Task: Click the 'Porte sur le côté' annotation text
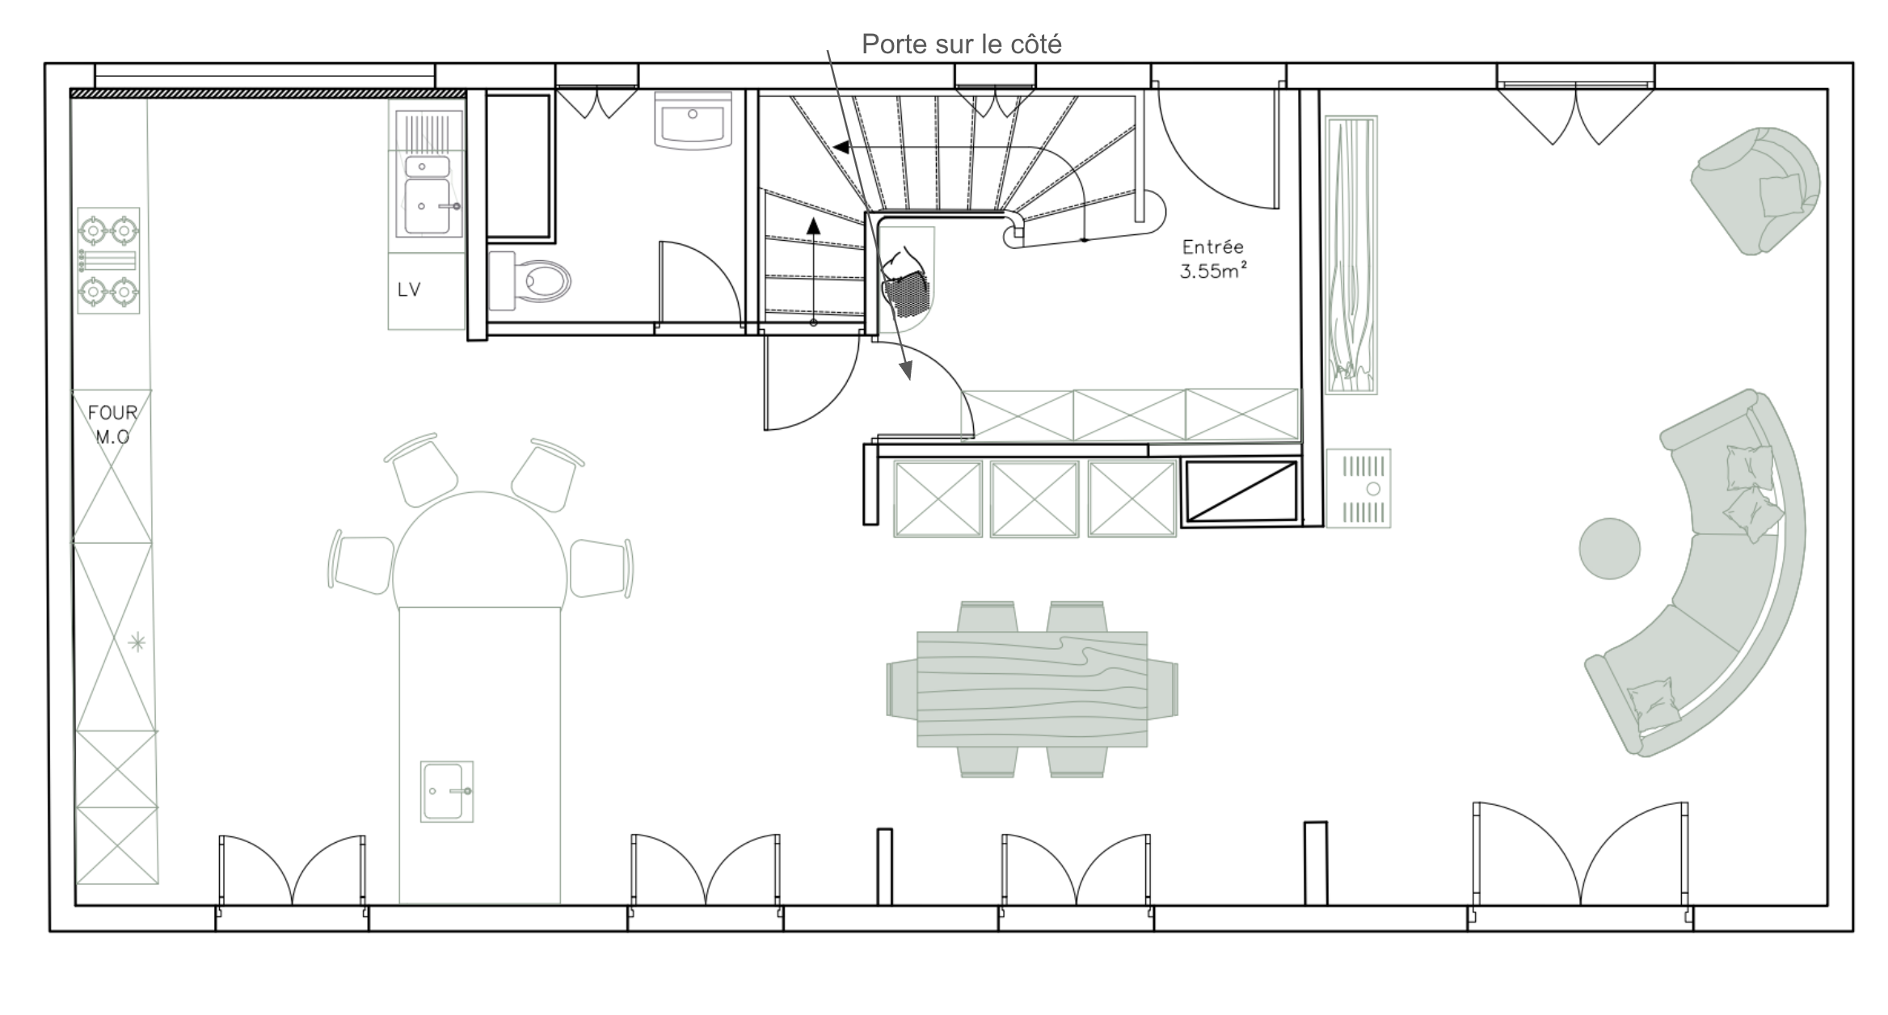(961, 44)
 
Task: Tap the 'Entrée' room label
(1212, 246)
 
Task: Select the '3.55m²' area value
(1212, 271)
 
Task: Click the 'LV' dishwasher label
(409, 289)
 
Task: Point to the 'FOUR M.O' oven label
(112, 424)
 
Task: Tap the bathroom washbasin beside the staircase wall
(693, 120)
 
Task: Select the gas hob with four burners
(108, 261)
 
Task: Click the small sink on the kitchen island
(446, 791)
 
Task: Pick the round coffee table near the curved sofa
(1609, 549)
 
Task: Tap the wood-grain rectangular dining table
(1032, 689)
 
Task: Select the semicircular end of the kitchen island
(479, 550)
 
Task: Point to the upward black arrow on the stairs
(813, 270)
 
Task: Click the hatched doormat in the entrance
(907, 294)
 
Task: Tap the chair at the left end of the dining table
(901, 689)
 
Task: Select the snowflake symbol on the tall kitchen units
(137, 643)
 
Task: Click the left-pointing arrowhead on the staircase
(841, 148)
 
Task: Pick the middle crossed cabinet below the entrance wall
(1035, 499)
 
